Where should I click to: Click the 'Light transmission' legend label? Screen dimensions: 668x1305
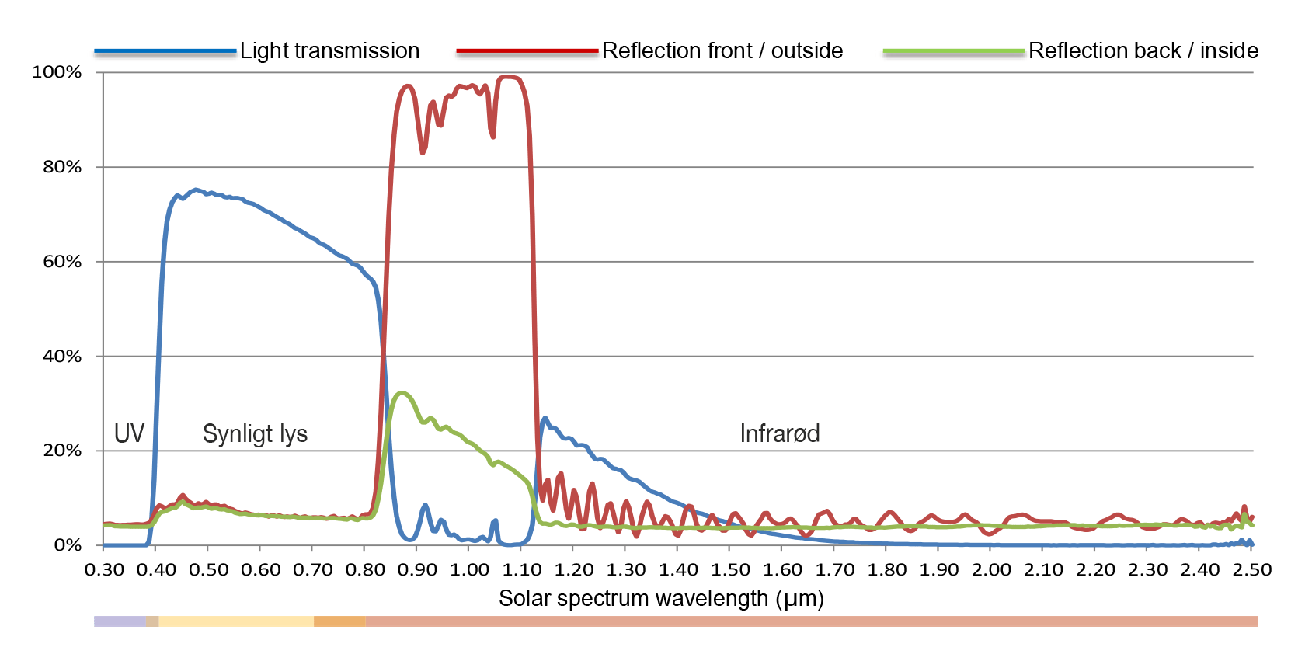coord(329,51)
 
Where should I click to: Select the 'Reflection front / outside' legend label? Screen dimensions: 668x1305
coord(722,51)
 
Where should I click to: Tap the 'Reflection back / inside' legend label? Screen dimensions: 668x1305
coord(1143,51)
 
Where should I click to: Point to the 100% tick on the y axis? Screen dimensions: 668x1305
coord(57,72)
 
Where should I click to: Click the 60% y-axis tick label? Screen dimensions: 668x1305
coord(62,262)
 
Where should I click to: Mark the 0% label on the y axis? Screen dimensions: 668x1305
coord(68,545)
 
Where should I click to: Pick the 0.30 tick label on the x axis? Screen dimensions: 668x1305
coord(104,570)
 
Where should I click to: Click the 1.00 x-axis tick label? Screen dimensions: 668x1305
coord(469,570)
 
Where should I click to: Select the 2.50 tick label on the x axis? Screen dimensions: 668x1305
coord(1252,570)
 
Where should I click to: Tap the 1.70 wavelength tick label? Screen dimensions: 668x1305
coord(835,570)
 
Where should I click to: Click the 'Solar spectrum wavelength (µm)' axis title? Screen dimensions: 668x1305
coord(661,599)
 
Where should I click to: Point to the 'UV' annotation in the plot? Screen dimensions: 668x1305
coord(129,433)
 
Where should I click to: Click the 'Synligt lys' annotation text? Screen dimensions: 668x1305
coord(255,433)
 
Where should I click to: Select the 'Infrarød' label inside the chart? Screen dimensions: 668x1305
coord(779,433)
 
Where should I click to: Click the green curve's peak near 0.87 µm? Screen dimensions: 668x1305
coord(401,393)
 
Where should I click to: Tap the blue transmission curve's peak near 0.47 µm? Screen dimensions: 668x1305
coord(195,190)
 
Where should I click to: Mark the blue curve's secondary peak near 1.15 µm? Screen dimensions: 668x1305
coord(545,419)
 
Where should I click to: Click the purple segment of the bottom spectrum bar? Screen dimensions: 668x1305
coord(120,621)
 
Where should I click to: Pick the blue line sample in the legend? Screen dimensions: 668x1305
coord(165,52)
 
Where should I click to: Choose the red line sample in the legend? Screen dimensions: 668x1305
coord(527,52)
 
